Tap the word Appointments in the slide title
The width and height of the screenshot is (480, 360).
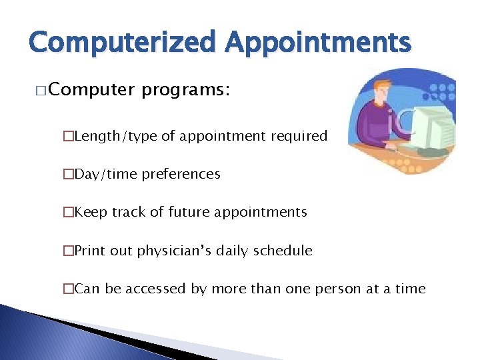(318, 43)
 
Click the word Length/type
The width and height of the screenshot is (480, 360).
(116, 136)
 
